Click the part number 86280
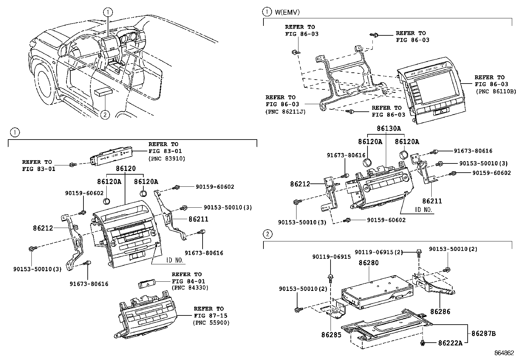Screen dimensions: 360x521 [x=368, y=263]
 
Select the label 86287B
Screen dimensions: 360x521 [x=483, y=333]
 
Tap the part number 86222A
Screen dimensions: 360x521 [x=450, y=343]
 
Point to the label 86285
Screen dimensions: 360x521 [x=331, y=335]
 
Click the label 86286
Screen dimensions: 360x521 [x=440, y=311]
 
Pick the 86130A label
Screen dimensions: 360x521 [x=388, y=128]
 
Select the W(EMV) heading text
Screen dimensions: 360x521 [x=287, y=12]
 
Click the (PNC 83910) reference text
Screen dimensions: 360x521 [x=167, y=158]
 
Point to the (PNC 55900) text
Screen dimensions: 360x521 [x=211, y=323]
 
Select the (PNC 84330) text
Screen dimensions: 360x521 [x=190, y=288]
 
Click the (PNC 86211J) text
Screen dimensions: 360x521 [x=285, y=111]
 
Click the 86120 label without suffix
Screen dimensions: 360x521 [x=125, y=169]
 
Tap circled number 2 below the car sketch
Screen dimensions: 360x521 [x=105, y=115]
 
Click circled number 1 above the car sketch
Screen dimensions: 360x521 [x=108, y=12]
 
